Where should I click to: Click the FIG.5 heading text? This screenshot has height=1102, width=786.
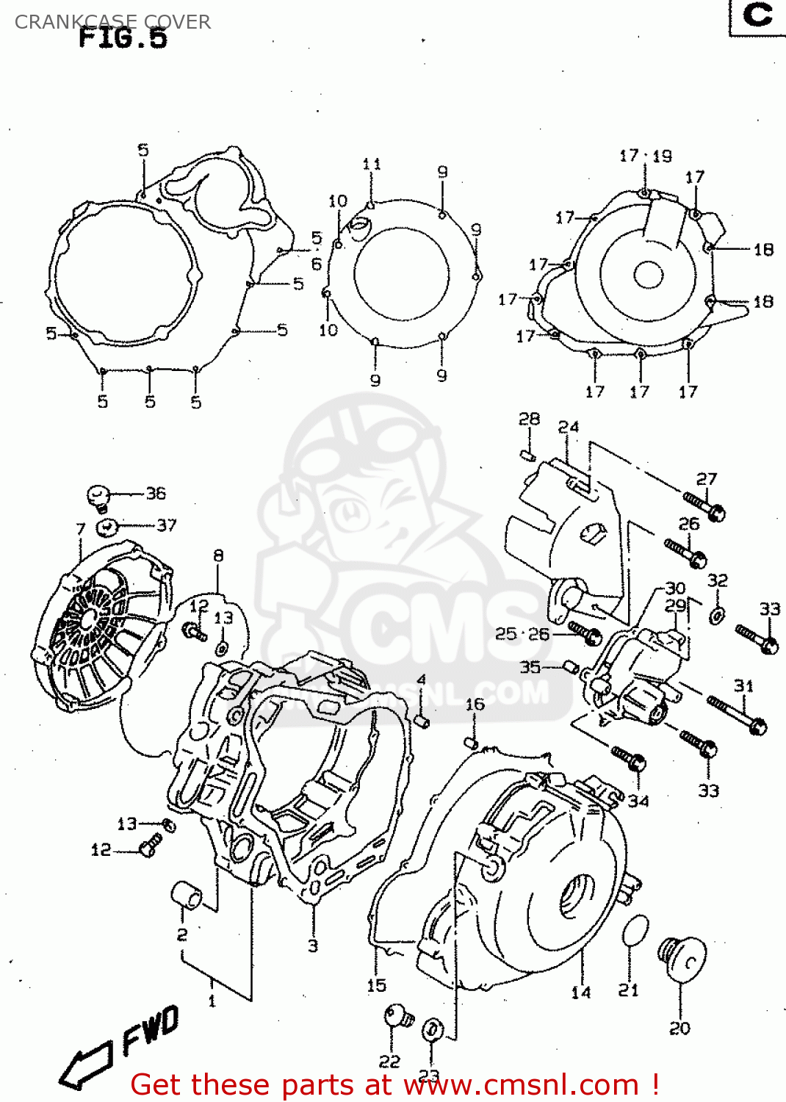tap(123, 37)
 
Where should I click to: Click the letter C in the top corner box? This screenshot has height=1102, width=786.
tap(757, 15)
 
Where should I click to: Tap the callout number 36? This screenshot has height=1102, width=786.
tap(156, 493)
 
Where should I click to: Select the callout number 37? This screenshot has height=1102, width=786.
tap(167, 525)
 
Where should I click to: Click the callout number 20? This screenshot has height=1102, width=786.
tap(679, 1029)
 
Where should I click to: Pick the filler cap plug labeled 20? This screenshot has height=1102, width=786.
tap(682, 957)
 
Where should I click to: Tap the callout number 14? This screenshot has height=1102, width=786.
tap(581, 993)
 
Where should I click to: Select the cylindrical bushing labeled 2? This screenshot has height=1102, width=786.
tap(187, 896)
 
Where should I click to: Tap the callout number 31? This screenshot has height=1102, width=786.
tap(743, 685)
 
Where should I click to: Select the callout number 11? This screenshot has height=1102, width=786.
tap(372, 164)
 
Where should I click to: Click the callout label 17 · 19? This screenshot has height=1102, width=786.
tap(645, 156)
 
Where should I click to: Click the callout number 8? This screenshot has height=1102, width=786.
tap(218, 555)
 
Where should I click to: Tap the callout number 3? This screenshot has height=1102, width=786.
tap(313, 946)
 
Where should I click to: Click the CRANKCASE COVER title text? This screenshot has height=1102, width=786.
tap(112, 22)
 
